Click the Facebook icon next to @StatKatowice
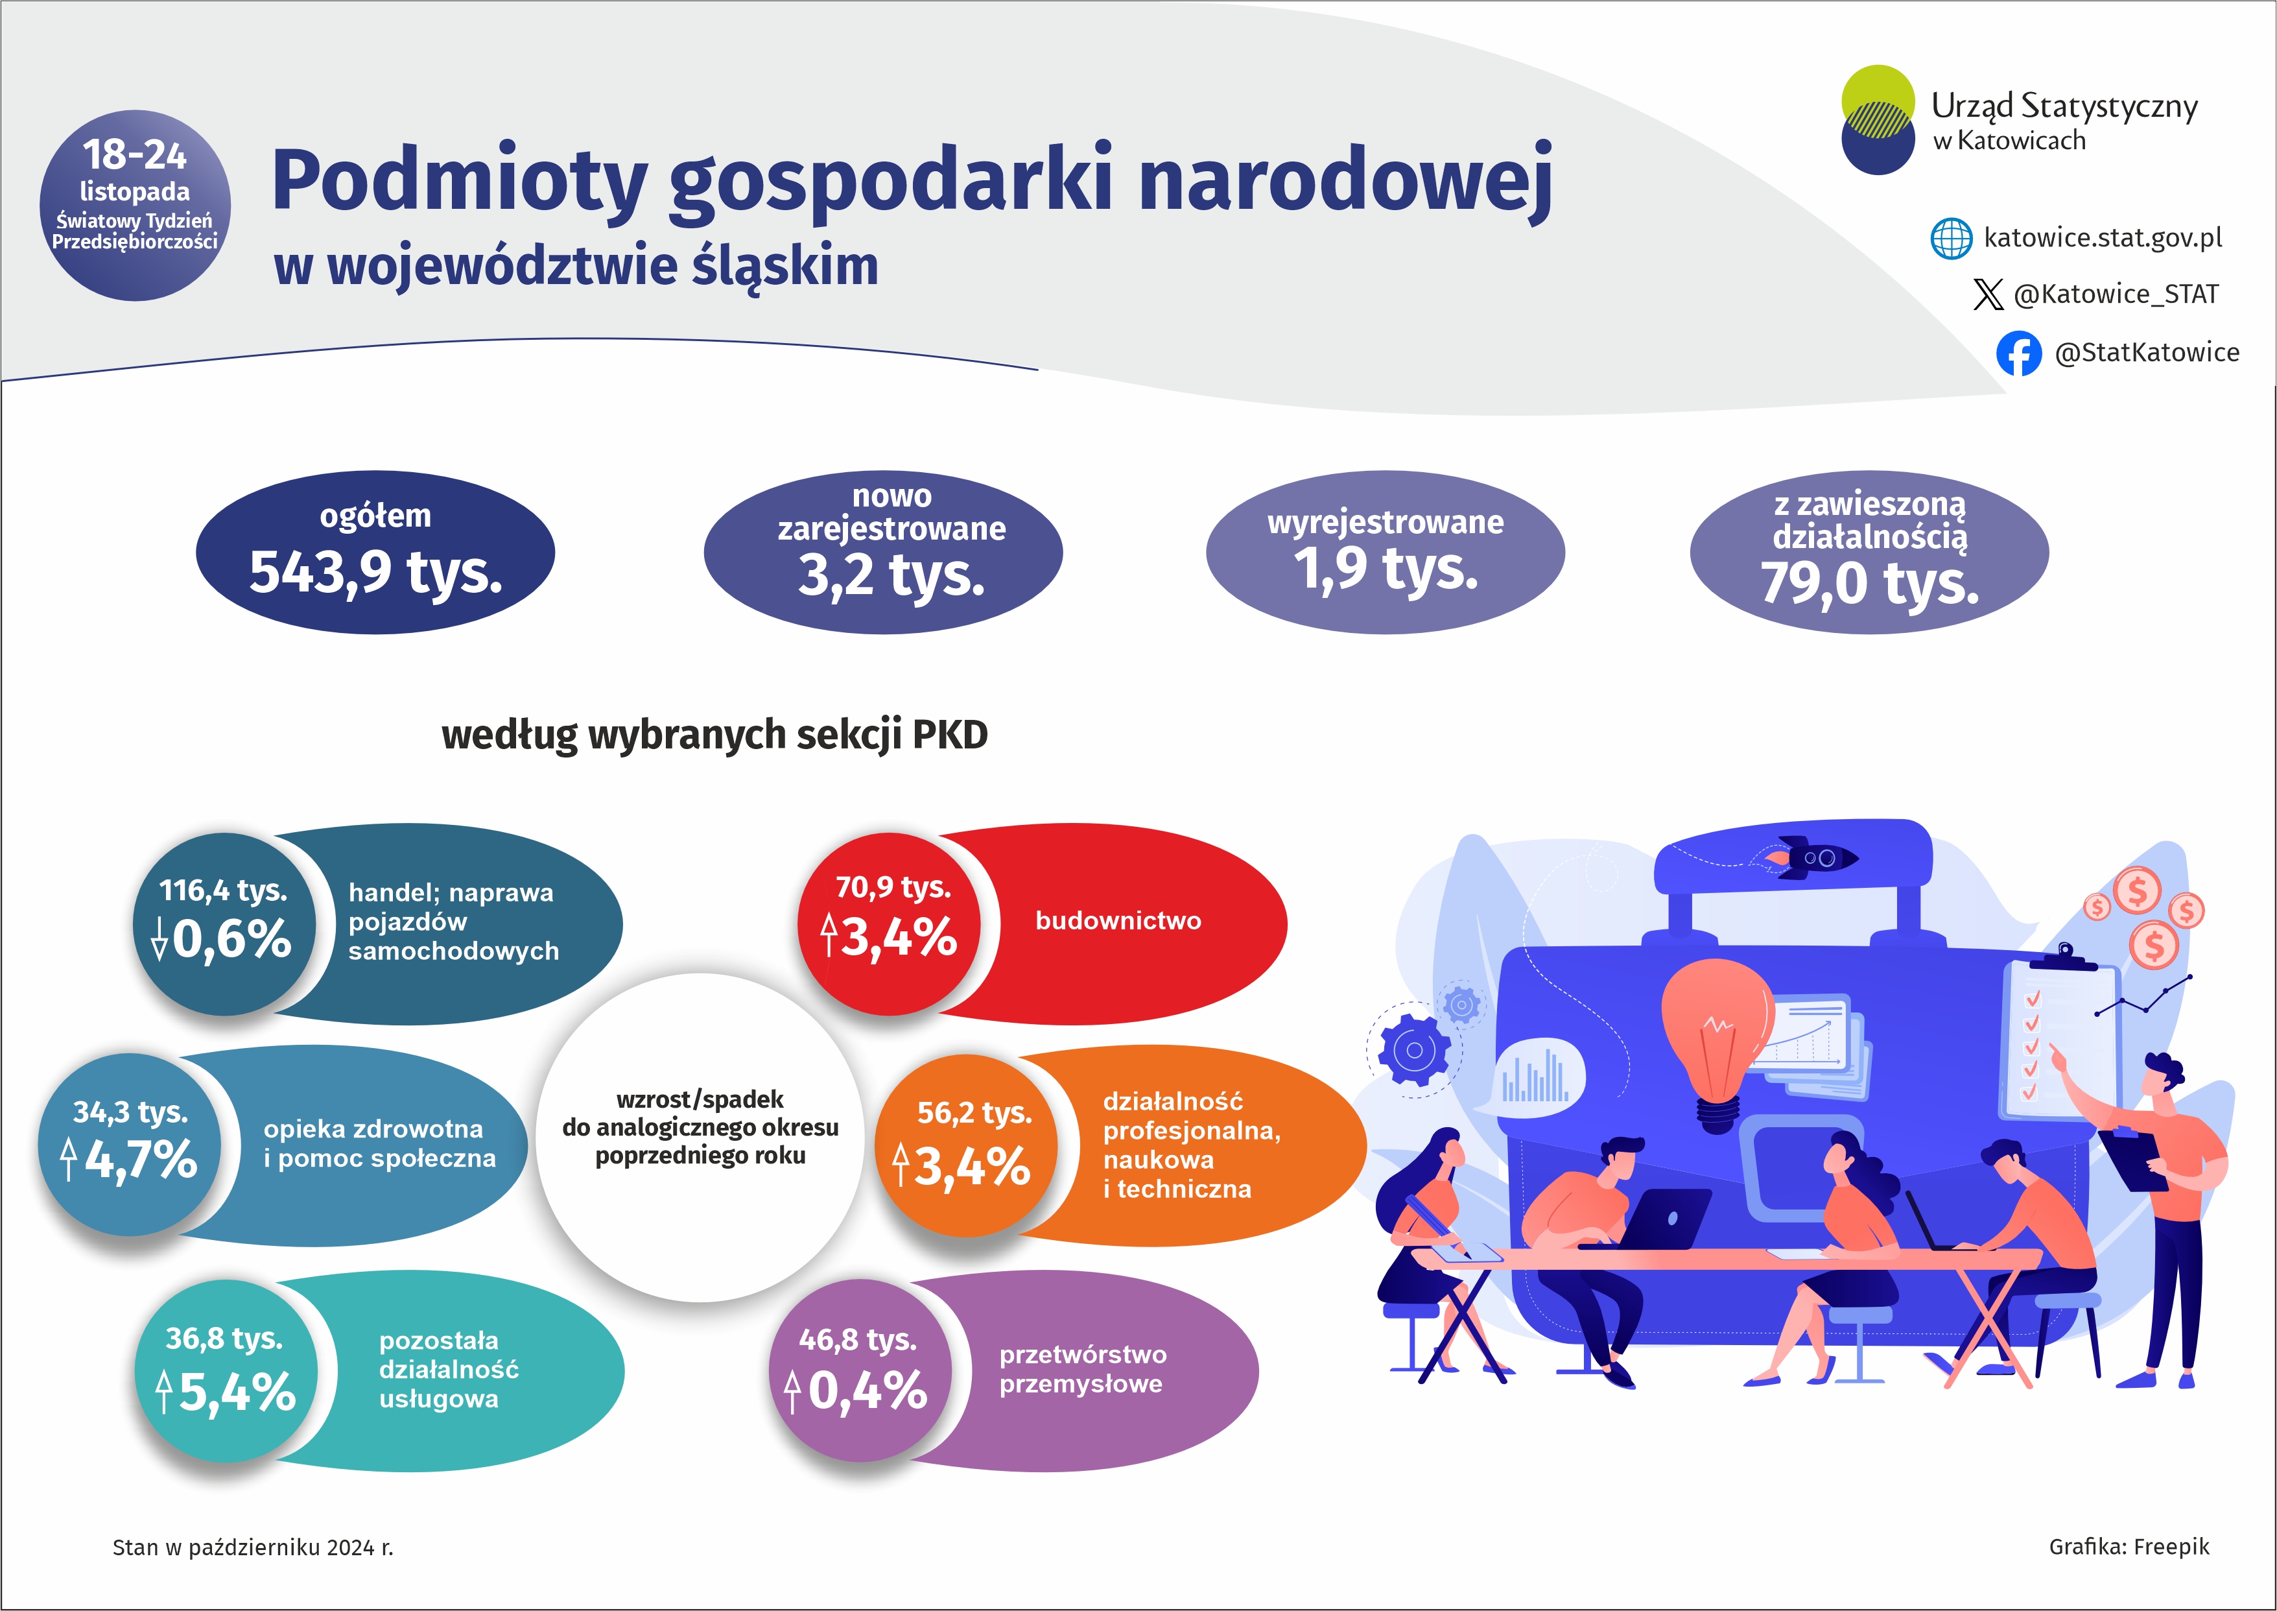coord(2018,353)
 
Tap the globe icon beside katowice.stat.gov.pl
coord(1951,238)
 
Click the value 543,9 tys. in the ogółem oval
coord(376,573)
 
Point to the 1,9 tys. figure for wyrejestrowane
coord(1386,568)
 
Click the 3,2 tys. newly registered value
coord(891,575)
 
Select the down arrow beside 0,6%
coord(159,938)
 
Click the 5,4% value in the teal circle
coord(237,1392)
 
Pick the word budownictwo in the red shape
coord(1118,920)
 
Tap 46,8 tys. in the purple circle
coord(858,1339)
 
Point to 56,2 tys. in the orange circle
coord(974,1113)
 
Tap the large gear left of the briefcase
coord(1413,1049)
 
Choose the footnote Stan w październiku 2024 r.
coord(253,1547)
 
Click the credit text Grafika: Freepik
coord(2129,1547)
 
